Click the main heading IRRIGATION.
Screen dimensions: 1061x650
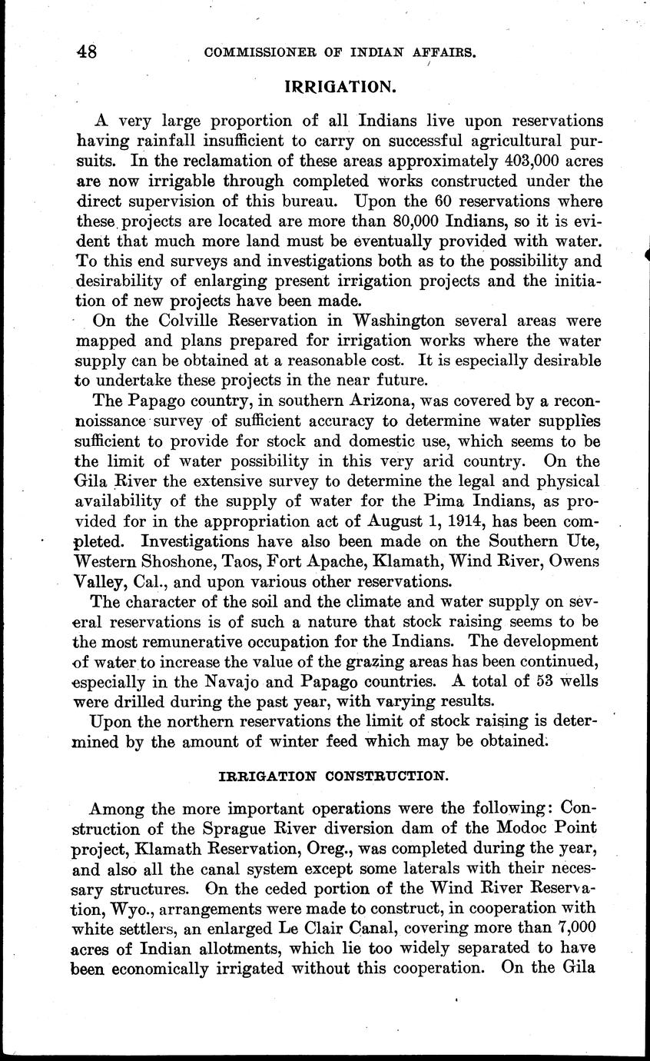point(340,87)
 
